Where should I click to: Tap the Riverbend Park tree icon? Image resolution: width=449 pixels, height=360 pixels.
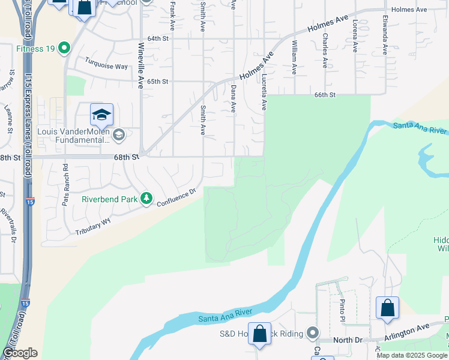(x=146, y=199)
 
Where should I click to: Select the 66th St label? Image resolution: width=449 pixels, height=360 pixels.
(x=324, y=95)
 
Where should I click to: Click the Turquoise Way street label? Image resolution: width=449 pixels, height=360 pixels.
(x=106, y=63)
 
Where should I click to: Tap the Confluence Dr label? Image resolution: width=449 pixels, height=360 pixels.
(x=176, y=198)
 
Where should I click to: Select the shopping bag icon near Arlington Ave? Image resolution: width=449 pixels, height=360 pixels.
(x=387, y=308)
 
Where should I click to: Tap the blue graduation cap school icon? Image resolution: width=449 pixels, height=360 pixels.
(x=102, y=114)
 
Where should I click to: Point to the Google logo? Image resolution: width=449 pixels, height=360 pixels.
(x=20, y=353)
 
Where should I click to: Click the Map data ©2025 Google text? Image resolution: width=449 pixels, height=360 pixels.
(x=412, y=355)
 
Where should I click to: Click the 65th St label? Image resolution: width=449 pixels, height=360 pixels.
(x=158, y=82)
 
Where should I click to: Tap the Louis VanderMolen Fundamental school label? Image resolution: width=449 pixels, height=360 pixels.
(x=73, y=136)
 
